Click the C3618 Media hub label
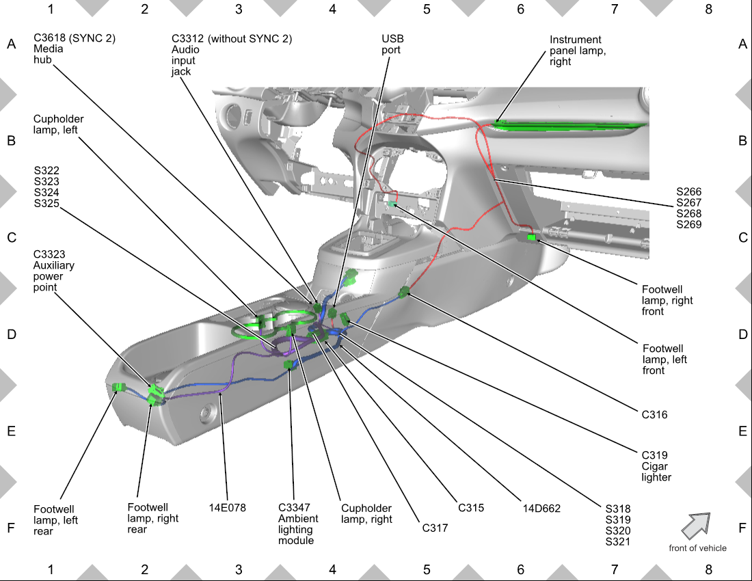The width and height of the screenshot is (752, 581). pos(75,49)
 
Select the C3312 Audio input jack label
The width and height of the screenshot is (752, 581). pos(232,55)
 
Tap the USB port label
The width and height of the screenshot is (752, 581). pos(392,44)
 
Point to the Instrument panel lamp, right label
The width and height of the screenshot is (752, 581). pos(578,51)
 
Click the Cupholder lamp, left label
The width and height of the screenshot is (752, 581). pos(58,124)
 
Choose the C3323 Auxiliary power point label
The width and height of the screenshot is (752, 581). pos(54,271)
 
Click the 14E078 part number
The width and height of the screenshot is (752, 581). pos(228,508)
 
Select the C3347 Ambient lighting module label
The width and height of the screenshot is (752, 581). pos(298,524)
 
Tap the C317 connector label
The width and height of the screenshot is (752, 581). pos(435,528)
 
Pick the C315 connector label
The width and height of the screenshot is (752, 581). pos(470,508)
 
